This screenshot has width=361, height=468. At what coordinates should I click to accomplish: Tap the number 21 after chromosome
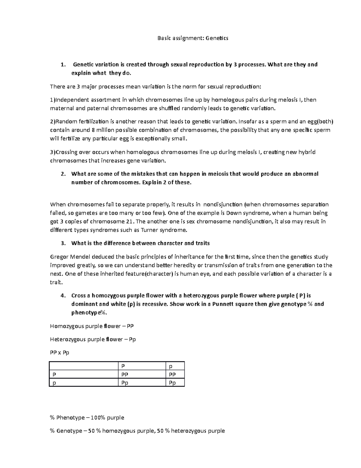[x=129, y=222]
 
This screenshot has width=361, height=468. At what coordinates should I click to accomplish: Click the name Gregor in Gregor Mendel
[x=59, y=257]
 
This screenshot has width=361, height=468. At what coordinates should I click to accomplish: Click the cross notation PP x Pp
[x=60, y=352]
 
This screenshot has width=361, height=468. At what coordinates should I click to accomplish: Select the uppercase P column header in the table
[x=123, y=366]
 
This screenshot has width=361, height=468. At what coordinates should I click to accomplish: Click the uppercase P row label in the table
[x=54, y=374]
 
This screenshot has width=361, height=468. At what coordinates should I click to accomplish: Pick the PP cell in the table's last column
[x=172, y=374]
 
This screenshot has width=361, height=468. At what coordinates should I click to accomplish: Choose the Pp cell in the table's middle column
[x=125, y=383]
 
